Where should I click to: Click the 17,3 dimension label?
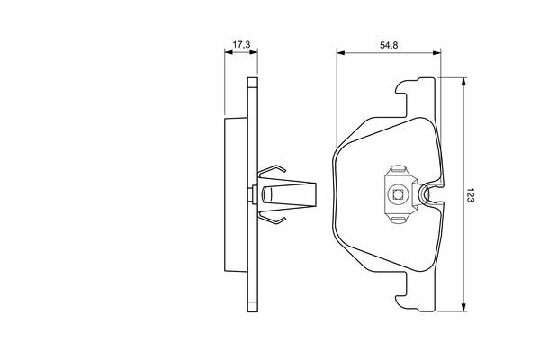pos(241,44)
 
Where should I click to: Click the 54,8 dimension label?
pos(389,45)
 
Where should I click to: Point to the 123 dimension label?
pos(471,195)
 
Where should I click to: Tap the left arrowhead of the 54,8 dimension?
pos(341,53)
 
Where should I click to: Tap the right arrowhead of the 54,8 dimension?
pos(436,53)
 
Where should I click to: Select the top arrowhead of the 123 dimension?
pos(464,82)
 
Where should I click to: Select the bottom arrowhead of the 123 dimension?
pos(464,307)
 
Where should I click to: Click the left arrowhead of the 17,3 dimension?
pos(229,52)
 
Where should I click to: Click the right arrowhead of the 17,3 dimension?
pos(254,52)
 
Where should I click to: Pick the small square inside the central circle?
pos(398,195)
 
